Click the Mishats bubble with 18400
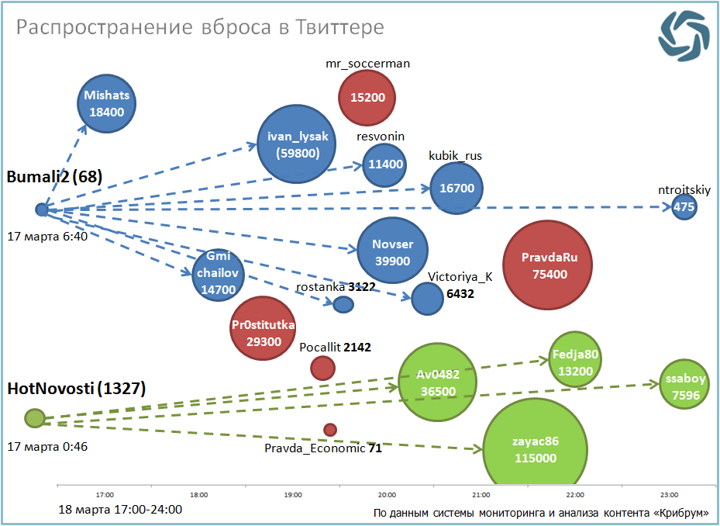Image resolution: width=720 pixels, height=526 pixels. [107, 104]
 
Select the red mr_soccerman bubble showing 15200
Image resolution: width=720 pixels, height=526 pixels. [367, 97]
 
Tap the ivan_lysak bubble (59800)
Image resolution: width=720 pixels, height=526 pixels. [298, 145]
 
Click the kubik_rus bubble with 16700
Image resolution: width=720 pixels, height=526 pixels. [456, 188]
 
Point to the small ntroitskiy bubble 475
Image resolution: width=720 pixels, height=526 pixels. [684, 207]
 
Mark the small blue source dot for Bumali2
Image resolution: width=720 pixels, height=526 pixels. [42, 209]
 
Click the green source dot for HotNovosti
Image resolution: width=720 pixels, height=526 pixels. [34, 418]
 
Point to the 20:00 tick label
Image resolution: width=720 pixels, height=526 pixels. [388, 494]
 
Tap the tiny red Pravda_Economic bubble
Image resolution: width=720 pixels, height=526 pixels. [330, 430]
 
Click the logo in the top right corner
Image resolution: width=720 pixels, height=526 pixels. [684, 35]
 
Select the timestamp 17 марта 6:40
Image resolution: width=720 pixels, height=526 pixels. [47, 236]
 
